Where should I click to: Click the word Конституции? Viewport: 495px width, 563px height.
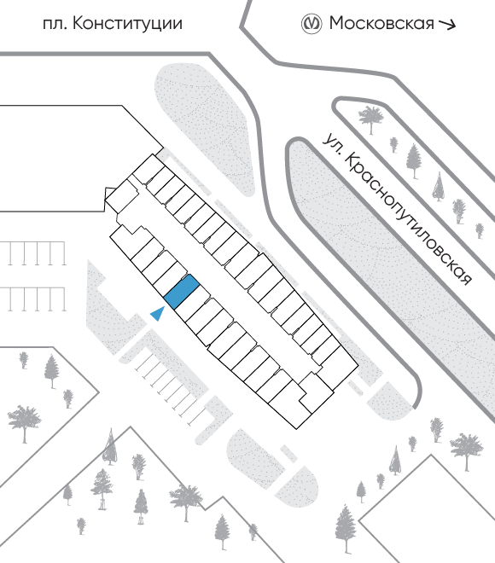pos(128,24)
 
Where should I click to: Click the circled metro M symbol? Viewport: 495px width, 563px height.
pos(311,24)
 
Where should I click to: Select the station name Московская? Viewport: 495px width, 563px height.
pos(381,23)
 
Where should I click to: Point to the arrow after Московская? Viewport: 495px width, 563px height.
pos(447,24)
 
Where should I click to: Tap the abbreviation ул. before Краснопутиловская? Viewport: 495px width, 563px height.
pos(332,143)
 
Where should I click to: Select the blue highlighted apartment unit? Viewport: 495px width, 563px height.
pos(182,292)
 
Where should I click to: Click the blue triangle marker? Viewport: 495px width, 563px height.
pos(158,314)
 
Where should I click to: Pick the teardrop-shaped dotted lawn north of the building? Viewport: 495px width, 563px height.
pos(204,125)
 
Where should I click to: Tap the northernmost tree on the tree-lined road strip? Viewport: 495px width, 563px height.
pos(370,119)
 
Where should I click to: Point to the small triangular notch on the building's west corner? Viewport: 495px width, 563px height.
pos(109,193)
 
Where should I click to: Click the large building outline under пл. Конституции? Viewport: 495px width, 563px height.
pos(81,159)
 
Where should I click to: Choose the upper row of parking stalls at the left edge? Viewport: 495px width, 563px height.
pos(33,253)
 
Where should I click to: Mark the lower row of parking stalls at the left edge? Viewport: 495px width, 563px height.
pos(33,299)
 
